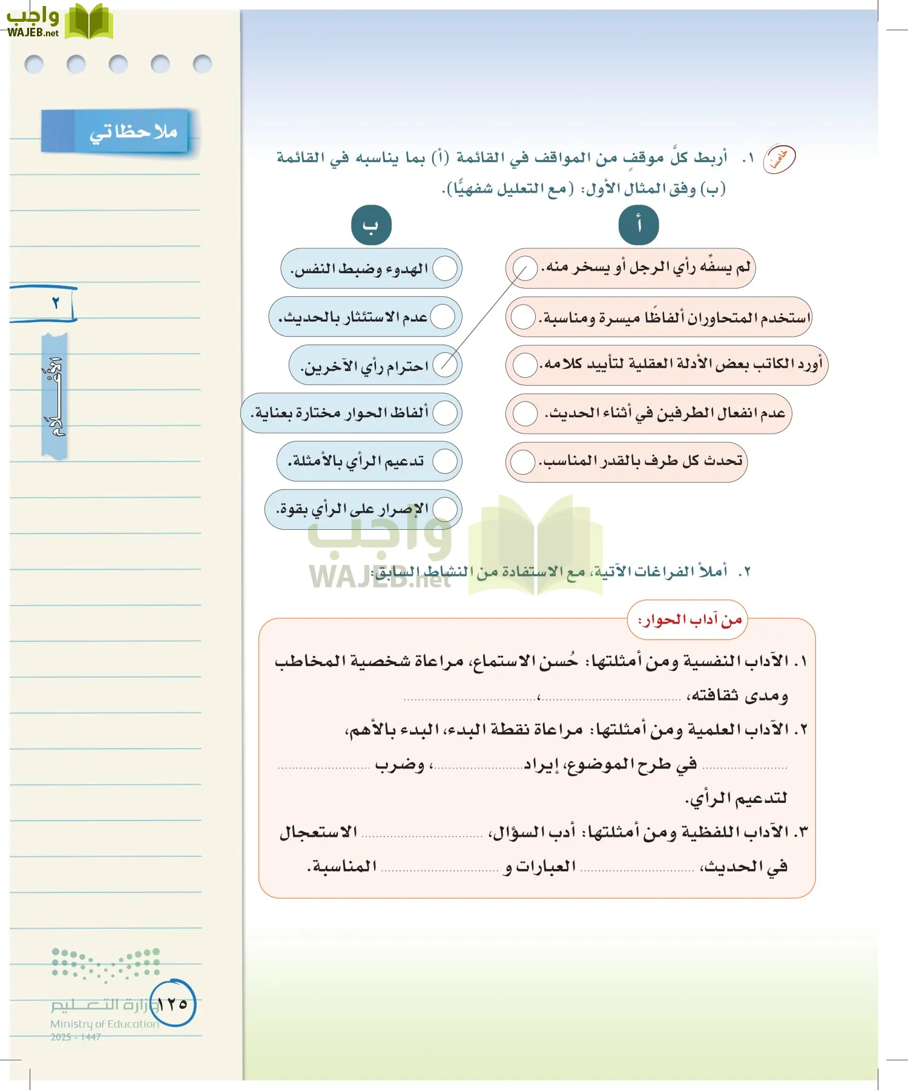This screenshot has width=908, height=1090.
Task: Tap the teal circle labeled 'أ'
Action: [x=638, y=225]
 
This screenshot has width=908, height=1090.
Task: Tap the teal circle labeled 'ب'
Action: [x=371, y=225]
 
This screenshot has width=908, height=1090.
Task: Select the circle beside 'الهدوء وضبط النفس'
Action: [x=445, y=268]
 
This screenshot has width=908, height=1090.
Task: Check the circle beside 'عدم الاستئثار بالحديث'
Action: [x=442, y=317]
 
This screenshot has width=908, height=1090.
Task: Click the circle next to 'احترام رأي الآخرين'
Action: [x=445, y=365]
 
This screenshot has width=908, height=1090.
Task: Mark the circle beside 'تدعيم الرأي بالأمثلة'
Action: [x=445, y=461]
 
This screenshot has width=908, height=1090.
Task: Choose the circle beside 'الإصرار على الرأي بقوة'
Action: [x=445, y=509]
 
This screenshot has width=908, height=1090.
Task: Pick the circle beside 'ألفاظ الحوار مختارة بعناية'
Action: [x=445, y=413]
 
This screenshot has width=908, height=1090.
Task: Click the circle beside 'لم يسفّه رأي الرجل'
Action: [x=524, y=268]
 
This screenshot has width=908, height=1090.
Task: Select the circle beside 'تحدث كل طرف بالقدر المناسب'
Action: [x=522, y=462]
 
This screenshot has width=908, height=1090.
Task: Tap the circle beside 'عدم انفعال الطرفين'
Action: [x=524, y=414]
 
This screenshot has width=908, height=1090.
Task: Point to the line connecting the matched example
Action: [x=484, y=316]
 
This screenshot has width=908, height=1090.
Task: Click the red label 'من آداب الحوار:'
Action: [x=689, y=619]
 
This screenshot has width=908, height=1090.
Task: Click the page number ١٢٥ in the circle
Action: [x=173, y=1004]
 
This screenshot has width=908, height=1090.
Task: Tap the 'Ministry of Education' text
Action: [x=104, y=1024]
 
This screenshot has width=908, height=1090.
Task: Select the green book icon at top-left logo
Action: [x=89, y=22]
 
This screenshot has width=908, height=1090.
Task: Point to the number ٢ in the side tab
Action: [x=56, y=303]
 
